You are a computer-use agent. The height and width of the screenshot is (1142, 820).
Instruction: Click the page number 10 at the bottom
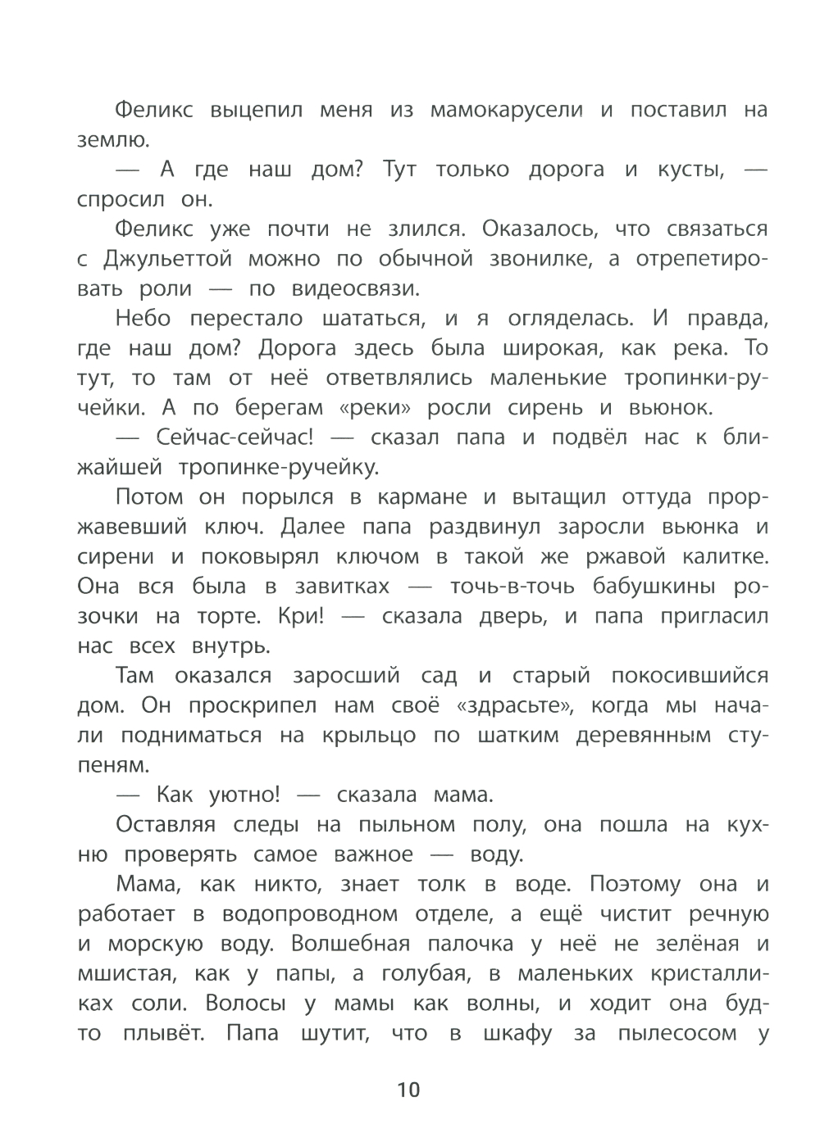(x=408, y=1090)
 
